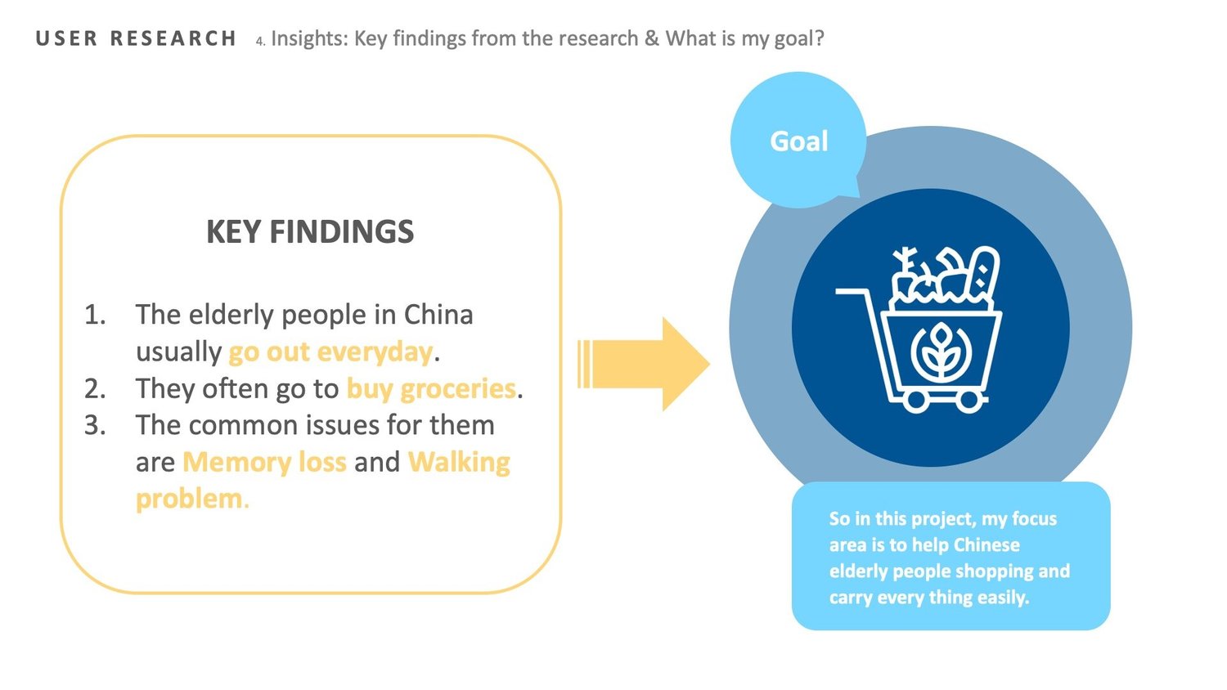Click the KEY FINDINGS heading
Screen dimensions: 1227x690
coord(310,232)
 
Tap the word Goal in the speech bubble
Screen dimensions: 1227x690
coord(799,141)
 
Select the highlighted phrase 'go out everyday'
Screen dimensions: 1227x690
coord(330,352)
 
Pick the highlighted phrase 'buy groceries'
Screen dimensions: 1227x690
coord(431,388)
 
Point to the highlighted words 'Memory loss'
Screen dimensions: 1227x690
coord(264,462)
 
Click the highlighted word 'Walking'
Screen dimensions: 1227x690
coord(459,462)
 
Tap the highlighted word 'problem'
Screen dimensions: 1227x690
coord(189,499)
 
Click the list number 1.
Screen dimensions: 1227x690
coord(95,315)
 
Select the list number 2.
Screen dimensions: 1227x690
coord(95,388)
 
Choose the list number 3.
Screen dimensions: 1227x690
coord(95,425)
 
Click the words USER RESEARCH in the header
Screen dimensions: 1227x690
coord(136,38)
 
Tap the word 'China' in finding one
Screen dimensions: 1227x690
coord(438,315)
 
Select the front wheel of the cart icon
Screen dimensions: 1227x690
coord(971,401)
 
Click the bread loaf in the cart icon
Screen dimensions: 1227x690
coord(983,274)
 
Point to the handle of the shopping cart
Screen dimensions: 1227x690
coord(851,292)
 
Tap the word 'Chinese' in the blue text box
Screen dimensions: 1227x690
coord(987,545)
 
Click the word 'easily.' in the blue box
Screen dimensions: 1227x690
coord(1003,598)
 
